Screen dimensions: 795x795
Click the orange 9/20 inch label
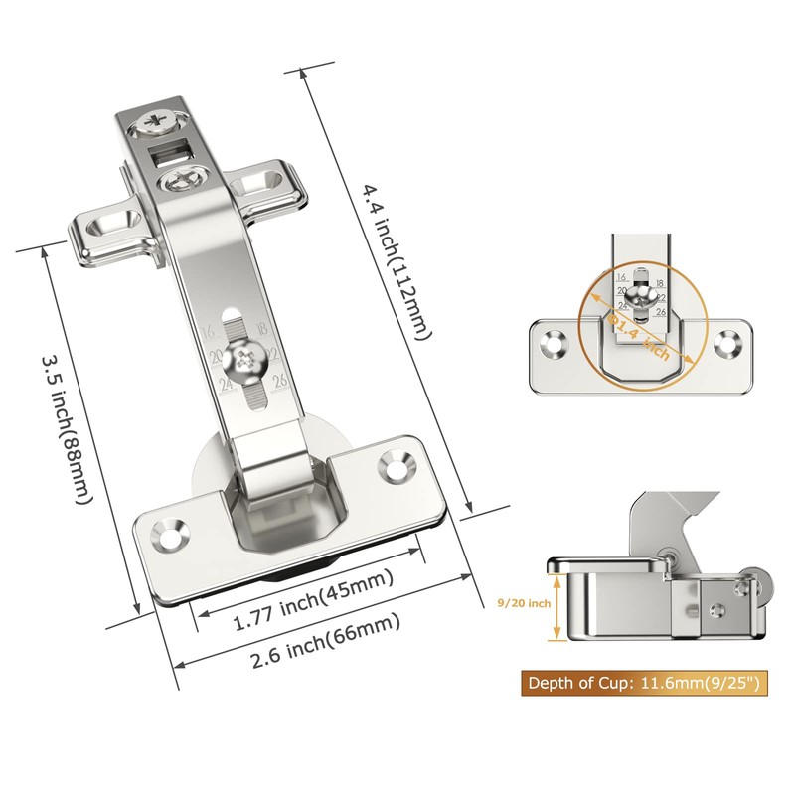click(524, 602)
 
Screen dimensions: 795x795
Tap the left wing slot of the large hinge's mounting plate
click(110, 222)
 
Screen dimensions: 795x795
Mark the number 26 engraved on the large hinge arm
click(280, 379)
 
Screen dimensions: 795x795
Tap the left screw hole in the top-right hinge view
click(551, 344)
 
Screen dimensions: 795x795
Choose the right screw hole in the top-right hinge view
click(728, 344)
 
